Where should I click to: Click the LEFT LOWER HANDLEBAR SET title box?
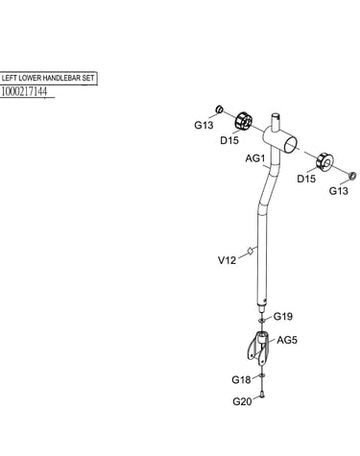(48, 78)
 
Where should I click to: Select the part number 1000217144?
(24, 91)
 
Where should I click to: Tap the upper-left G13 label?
(204, 125)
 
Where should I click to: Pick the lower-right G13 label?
(339, 191)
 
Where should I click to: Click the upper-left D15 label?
(229, 140)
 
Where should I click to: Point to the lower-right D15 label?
(306, 179)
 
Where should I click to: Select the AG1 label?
(255, 158)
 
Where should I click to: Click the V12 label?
(227, 260)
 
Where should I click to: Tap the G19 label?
(283, 317)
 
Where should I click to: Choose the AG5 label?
(287, 340)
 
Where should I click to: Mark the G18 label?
(241, 380)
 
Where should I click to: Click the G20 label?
(242, 401)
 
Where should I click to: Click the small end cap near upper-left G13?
(219, 109)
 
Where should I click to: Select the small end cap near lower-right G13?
(352, 176)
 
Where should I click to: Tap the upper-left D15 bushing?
(244, 121)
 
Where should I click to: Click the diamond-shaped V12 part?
(251, 252)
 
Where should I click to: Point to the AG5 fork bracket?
(259, 348)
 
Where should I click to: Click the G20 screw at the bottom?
(262, 396)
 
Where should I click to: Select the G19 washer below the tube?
(261, 320)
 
